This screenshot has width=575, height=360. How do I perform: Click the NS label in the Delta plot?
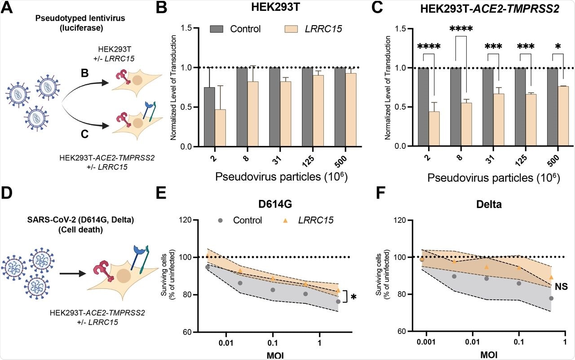tap(559, 284)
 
